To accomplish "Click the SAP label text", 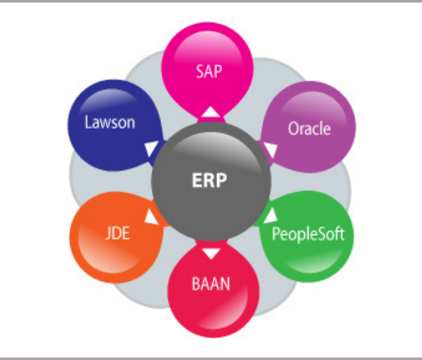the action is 209,72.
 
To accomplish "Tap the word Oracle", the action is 309,129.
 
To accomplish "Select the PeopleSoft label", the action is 308,234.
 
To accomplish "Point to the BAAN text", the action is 211,284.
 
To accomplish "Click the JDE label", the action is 118,233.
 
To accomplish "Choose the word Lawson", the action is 110,122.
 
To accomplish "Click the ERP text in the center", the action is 209,180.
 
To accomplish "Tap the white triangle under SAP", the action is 211,111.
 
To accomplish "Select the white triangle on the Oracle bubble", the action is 270,150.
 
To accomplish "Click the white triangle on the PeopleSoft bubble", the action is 270,216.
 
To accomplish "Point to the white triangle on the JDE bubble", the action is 152,217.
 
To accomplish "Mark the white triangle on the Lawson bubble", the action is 152,148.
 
